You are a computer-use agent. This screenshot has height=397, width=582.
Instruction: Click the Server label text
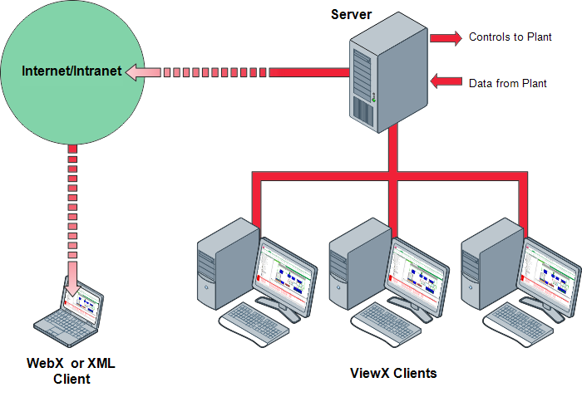[351, 14]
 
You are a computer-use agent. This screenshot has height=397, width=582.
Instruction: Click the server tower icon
[387, 75]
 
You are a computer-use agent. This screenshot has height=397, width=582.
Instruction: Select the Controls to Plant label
[515, 37]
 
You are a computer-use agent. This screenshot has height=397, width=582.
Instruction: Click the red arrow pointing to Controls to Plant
[445, 37]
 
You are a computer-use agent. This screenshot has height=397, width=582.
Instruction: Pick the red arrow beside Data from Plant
[446, 81]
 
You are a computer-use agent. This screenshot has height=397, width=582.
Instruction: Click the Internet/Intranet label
[72, 71]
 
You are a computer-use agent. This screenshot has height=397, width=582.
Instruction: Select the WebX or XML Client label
[72, 371]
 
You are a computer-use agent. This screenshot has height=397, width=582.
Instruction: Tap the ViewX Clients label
[392, 373]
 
